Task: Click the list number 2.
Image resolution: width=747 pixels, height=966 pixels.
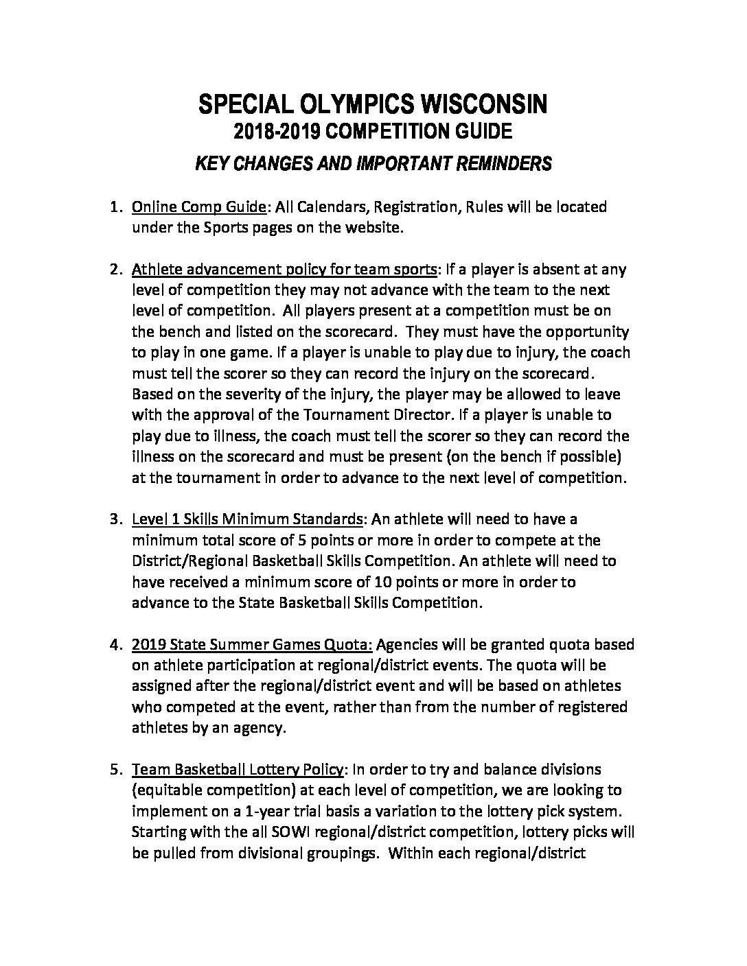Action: tap(115, 269)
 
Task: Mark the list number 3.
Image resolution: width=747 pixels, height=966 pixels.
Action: tap(115, 519)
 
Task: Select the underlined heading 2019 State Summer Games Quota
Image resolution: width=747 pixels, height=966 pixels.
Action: tap(252, 645)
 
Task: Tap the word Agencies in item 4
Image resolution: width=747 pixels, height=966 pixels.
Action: tap(408, 645)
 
